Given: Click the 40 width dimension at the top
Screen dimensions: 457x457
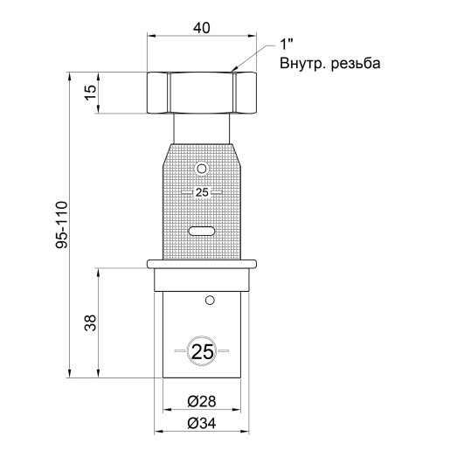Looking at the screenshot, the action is click(201, 28).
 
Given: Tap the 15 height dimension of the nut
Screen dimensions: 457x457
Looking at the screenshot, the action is click(91, 93).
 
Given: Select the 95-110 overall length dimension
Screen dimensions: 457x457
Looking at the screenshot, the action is click(61, 225).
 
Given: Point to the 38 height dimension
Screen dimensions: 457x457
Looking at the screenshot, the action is click(90, 322).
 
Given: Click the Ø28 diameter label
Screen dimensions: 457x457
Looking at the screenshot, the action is click(202, 401).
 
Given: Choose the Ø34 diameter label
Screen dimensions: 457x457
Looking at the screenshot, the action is click(202, 423).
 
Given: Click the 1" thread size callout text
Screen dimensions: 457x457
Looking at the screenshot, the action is click(287, 45).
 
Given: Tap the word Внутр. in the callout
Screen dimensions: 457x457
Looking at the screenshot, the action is click(303, 64).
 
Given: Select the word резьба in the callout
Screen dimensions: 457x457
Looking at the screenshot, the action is click(356, 63).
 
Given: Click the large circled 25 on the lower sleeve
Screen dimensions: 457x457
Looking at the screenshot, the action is click(203, 352).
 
